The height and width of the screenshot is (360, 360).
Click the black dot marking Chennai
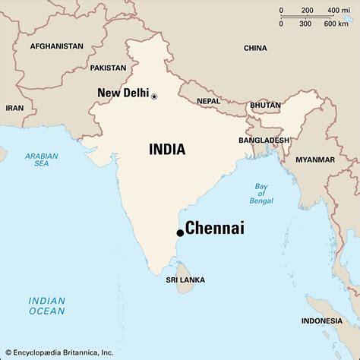point(180,232)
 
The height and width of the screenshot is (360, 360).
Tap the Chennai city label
point(215,229)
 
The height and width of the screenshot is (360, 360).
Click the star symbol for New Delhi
point(154,96)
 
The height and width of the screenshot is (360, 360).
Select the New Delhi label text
point(123,93)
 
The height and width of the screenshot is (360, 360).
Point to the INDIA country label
point(166,150)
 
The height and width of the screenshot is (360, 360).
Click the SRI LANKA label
point(185,280)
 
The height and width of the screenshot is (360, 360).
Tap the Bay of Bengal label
point(261,195)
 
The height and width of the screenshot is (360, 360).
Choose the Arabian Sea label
point(41,159)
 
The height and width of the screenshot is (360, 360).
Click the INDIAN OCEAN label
point(47,305)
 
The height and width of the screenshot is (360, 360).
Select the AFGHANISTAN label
point(57,46)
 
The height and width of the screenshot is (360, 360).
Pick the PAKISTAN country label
point(108,68)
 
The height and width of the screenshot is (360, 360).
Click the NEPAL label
point(208,101)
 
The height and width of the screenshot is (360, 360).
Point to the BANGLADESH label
point(264,141)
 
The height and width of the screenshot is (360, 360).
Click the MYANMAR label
point(315,159)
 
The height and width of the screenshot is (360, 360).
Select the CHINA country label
point(255,48)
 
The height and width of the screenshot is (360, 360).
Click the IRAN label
point(14,108)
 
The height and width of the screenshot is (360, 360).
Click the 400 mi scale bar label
point(333,11)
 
